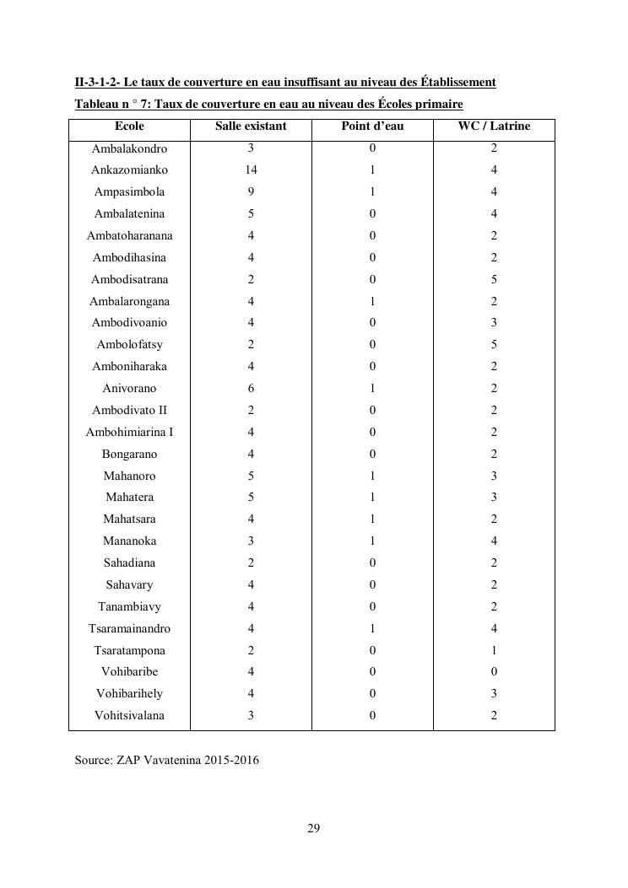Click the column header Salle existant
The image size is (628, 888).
point(251,126)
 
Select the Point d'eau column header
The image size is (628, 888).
point(372,126)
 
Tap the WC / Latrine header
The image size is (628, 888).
point(494,126)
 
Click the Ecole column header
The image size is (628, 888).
point(129,126)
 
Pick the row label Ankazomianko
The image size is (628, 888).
point(129,170)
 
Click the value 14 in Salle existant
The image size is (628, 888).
point(251,170)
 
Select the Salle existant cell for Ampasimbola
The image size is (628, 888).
point(251,192)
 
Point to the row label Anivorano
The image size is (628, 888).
point(129,389)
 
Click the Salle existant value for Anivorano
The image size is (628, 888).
point(251,389)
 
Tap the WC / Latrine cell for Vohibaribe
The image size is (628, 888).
point(494,672)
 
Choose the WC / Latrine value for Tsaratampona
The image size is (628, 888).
point(494,651)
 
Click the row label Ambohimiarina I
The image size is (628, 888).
point(129,433)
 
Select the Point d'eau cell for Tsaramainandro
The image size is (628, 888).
point(372,629)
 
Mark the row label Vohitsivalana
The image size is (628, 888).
point(129,716)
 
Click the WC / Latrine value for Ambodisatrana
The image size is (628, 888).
point(494,280)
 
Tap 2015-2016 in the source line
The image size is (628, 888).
point(231,761)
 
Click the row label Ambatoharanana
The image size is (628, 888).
point(129,236)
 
